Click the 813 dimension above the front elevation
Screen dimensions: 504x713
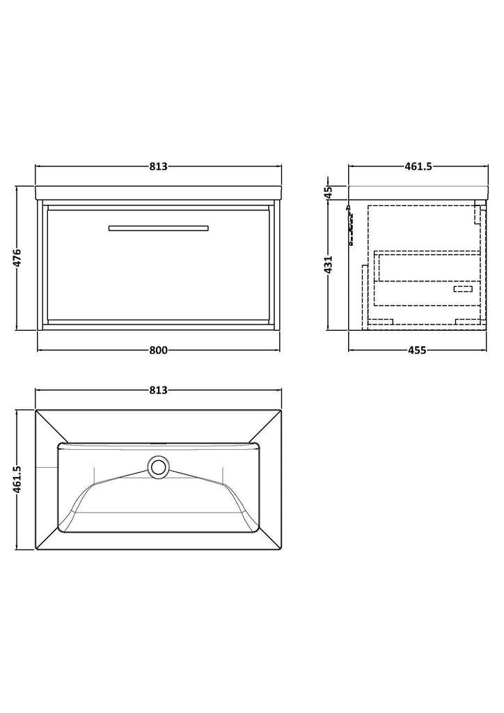(x=158, y=166)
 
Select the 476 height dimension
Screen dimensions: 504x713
(x=17, y=258)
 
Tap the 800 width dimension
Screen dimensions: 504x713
(x=158, y=350)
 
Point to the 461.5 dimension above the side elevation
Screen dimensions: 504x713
(x=418, y=166)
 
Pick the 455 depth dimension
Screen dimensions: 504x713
(x=417, y=350)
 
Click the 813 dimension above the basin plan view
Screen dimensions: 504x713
(x=158, y=390)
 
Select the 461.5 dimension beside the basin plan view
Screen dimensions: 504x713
(x=17, y=479)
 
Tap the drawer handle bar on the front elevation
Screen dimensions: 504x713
(x=158, y=228)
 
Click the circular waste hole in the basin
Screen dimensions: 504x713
(x=158, y=467)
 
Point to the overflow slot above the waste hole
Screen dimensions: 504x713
(x=158, y=444)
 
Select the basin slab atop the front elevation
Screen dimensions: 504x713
(x=158, y=193)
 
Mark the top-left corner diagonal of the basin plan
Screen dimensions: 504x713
(x=47, y=427)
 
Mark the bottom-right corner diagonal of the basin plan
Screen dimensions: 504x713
(x=269, y=540)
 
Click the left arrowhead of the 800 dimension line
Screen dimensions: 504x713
(x=40, y=350)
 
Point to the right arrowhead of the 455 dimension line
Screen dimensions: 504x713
(x=485, y=350)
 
